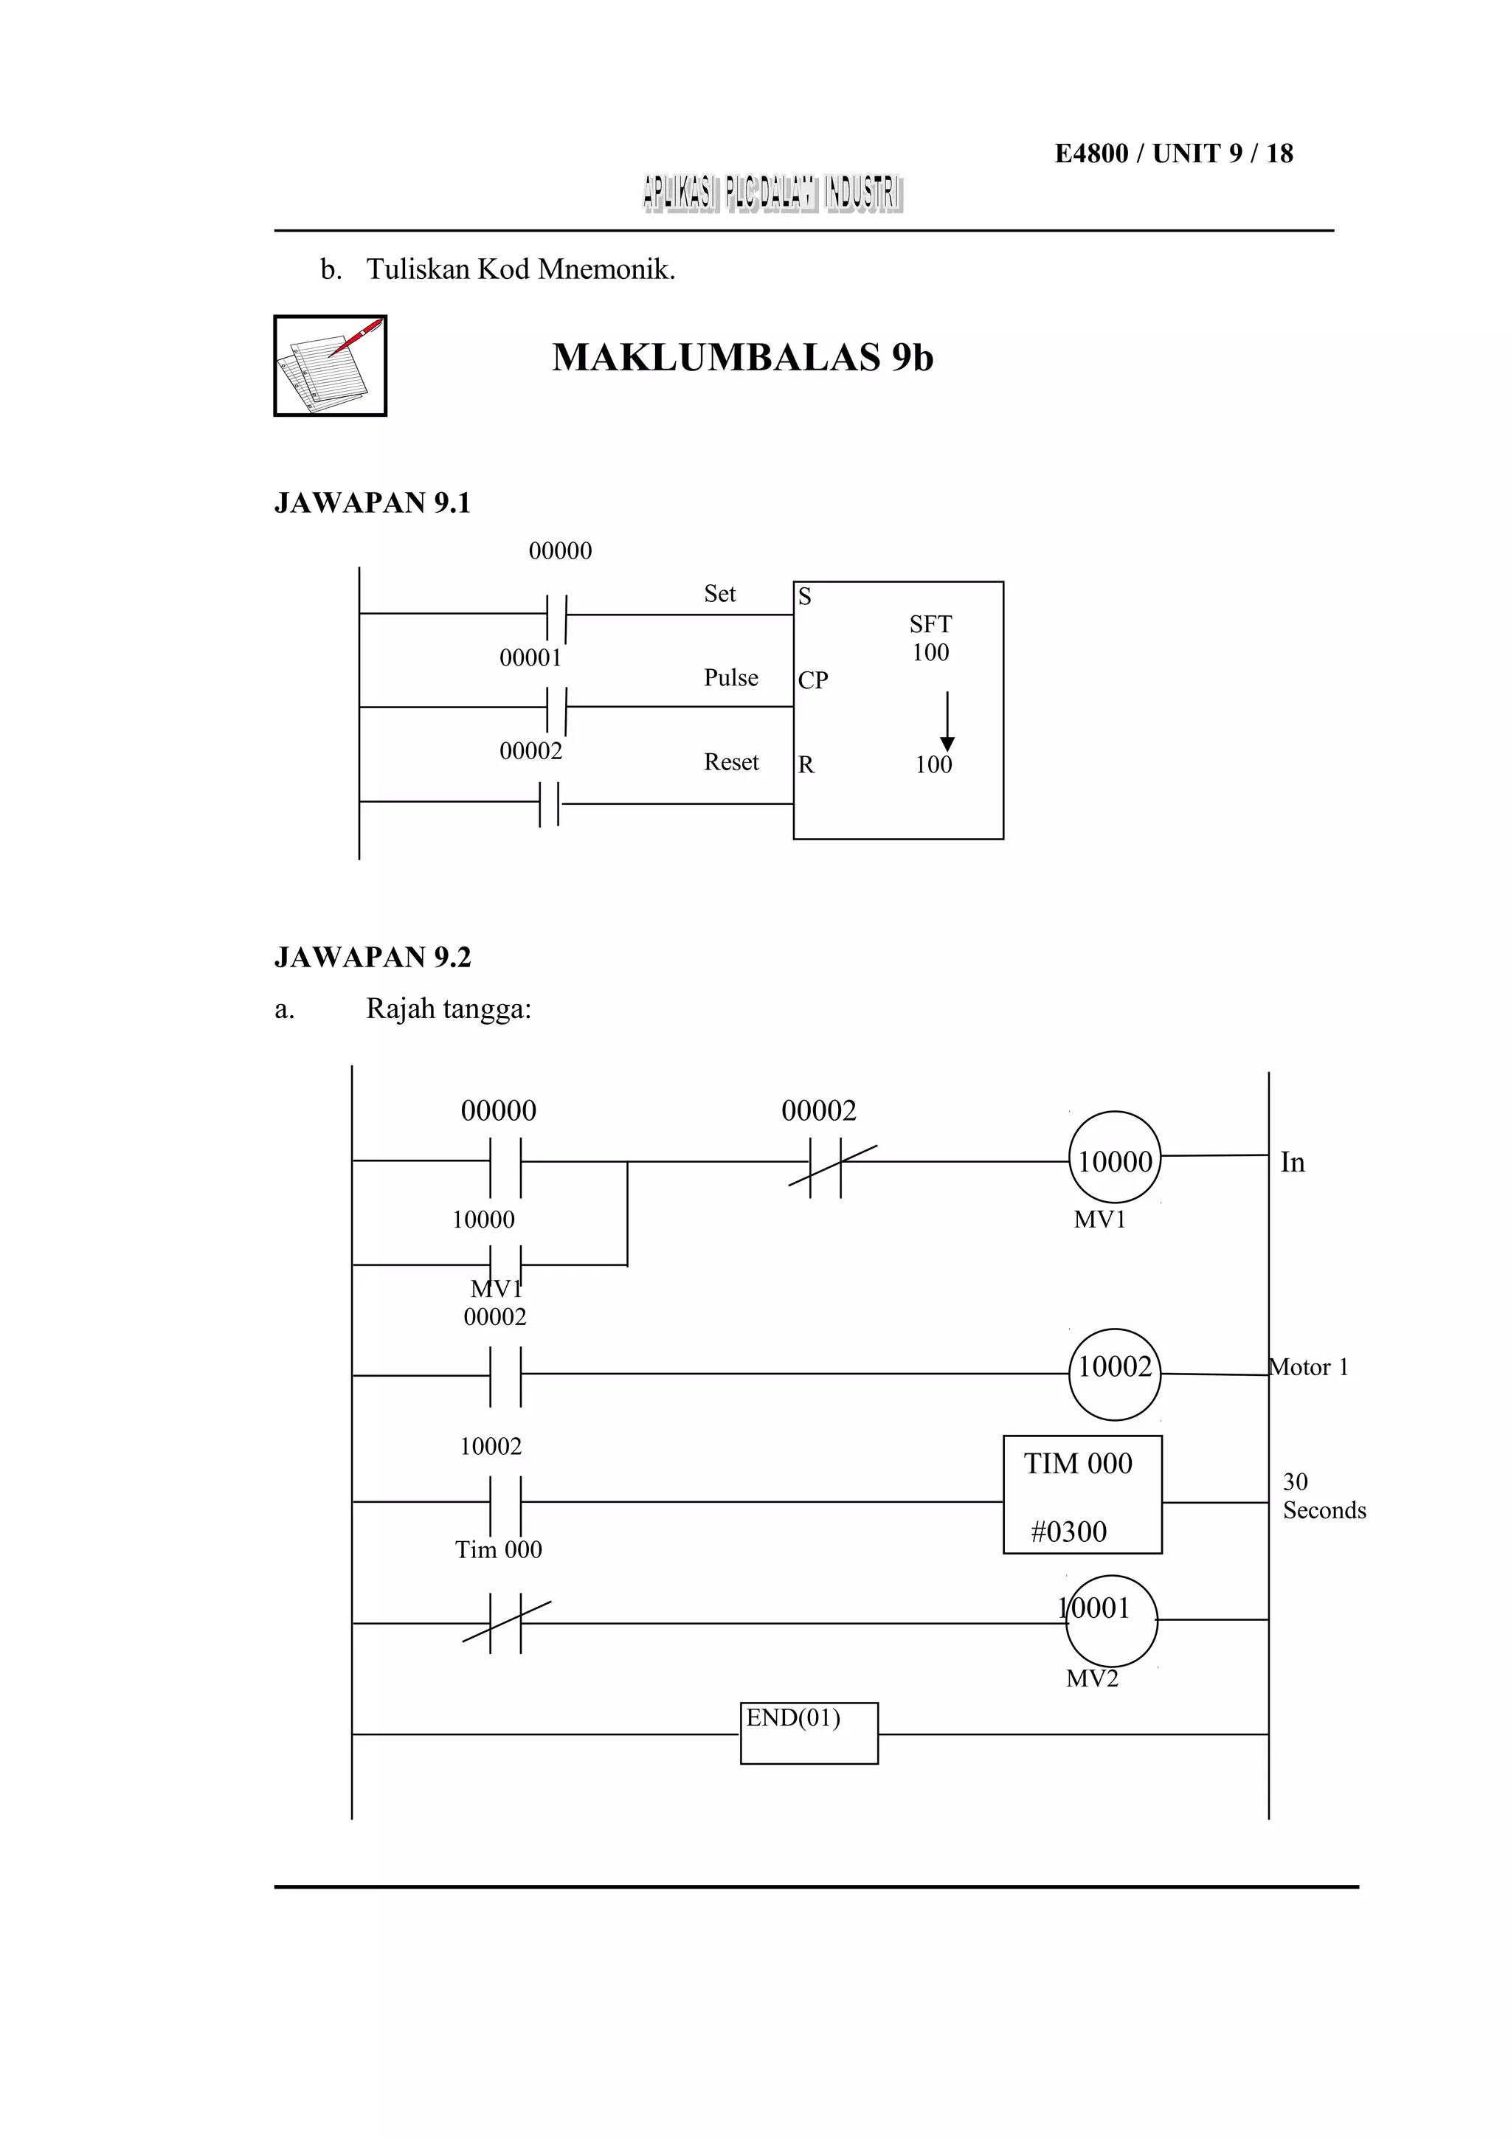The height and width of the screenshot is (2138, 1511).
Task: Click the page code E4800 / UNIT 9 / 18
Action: pyautogui.click(x=1173, y=153)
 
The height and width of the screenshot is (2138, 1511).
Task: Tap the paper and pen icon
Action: pyautogui.click(x=330, y=366)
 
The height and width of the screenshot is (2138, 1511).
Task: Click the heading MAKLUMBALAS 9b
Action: pyautogui.click(x=742, y=358)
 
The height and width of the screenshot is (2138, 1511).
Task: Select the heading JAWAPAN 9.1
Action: pyautogui.click(x=373, y=503)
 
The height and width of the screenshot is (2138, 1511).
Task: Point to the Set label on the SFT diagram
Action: pyautogui.click(x=719, y=594)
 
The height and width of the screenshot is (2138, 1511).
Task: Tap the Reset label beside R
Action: pyautogui.click(x=731, y=763)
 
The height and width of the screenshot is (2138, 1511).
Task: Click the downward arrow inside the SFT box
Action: pyautogui.click(x=947, y=722)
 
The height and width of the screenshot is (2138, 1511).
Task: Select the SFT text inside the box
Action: pyautogui.click(x=930, y=624)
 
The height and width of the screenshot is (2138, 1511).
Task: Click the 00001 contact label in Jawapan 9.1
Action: pyautogui.click(x=530, y=658)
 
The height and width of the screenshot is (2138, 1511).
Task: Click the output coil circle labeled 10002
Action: pyautogui.click(x=1114, y=1368)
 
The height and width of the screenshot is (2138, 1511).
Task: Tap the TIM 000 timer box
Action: pyautogui.click(x=1082, y=1495)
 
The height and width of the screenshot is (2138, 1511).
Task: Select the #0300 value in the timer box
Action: pyautogui.click(x=1069, y=1532)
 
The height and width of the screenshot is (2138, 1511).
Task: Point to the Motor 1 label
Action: pyautogui.click(x=1309, y=1368)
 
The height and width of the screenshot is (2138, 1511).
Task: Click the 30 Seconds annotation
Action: pyautogui.click(x=1323, y=1495)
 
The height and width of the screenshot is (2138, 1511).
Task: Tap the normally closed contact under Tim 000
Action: pyautogui.click(x=505, y=1623)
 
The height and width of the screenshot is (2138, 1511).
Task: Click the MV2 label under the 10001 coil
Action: pyautogui.click(x=1091, y=1679)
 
